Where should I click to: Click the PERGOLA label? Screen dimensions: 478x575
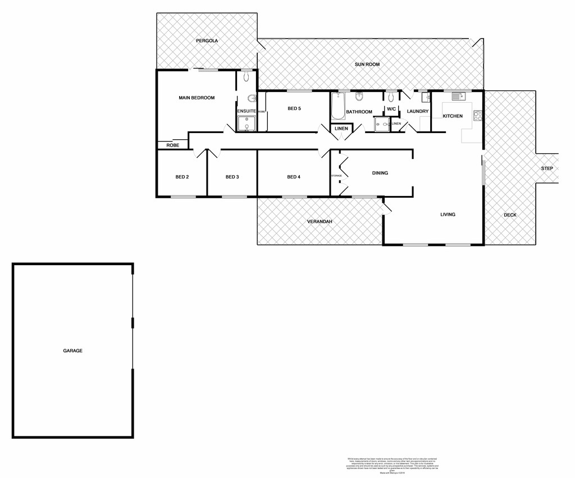(207, 41)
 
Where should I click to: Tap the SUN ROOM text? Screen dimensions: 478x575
(367, 65)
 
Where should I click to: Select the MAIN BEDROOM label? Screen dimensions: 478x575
(197, 98)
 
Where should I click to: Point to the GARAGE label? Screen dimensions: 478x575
(72, 350)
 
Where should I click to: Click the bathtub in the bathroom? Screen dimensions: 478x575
(337, 107)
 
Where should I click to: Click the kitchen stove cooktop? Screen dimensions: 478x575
(478, 116)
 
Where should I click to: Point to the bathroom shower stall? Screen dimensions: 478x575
(382, 125)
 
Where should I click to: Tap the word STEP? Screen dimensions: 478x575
(547, 169)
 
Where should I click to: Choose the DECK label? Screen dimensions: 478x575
(510, 215)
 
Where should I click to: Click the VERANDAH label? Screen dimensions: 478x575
(320, 222)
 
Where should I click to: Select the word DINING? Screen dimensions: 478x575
(380, 173)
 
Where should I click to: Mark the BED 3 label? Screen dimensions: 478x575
(232, 177)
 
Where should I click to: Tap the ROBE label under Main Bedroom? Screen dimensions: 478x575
(172, 145)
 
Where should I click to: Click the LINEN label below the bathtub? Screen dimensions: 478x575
(341, 129)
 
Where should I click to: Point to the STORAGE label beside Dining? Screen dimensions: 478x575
(336, 176)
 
